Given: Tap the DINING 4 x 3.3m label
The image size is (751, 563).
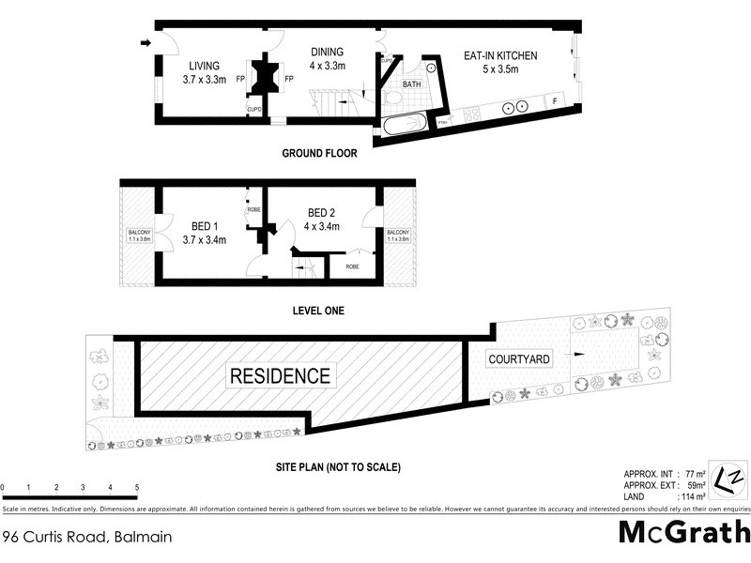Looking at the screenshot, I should [x=327, y=58].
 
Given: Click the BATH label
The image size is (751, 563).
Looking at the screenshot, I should [x=412, y=84].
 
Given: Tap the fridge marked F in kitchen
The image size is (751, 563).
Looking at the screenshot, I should [x=554, y=100].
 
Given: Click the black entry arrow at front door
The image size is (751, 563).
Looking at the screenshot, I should [x=145, y=42].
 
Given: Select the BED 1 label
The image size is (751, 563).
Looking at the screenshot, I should [x=204, y=232].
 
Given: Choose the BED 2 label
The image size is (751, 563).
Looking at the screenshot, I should [x=322, y=219].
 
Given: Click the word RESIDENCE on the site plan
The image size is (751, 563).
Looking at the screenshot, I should [x=281, y=376].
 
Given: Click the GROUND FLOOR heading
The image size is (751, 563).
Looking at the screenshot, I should [x=319, y=152].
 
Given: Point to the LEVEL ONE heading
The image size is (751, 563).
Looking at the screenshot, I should [x=319, y=310].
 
